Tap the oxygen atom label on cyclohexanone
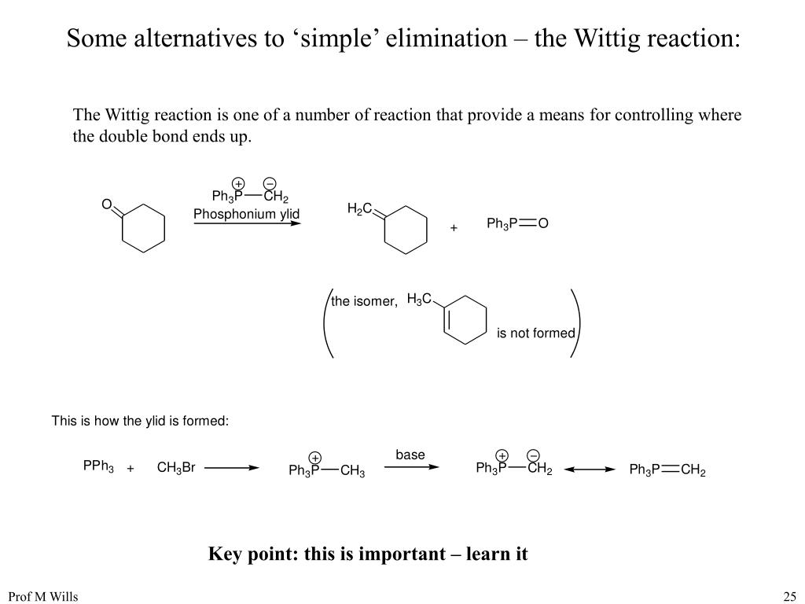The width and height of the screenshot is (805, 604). (x=106, y=205)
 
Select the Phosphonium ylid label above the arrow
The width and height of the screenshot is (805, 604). (x=247, y=214)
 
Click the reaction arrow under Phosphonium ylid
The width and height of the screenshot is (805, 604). (x=247, y=224)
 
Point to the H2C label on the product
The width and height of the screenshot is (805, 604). (x=359, y=208)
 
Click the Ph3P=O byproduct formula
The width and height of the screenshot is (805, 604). (x=516, y=224)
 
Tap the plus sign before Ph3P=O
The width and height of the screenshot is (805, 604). (x=454, y=228)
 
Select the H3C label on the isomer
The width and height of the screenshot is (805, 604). (x=419, y=300)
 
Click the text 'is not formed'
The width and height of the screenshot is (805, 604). (x=535, y=333)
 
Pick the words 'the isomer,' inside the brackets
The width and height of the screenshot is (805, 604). (x=365, y=301)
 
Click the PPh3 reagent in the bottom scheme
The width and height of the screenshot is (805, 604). (x=98, y=466)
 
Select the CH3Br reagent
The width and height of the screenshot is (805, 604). (x=176, y=468)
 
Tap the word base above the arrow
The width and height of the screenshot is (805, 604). (x=410, y=455)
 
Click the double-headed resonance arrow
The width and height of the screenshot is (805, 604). (x=590, y=470)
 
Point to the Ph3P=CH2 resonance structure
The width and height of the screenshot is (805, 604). (x=667, y=470)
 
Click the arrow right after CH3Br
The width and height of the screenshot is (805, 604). (x=232, y=468)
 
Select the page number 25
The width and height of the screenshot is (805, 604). (x=789, y=596)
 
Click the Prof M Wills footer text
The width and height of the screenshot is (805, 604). (x=43, y=596)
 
